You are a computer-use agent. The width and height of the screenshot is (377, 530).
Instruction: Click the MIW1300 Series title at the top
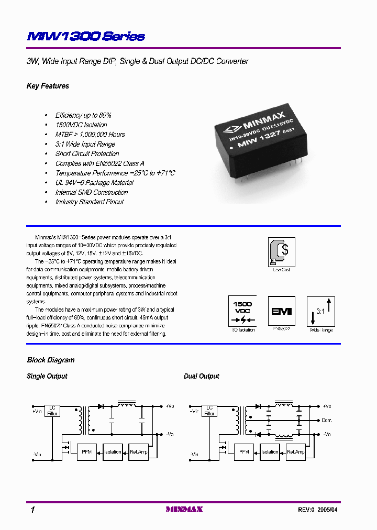click(x=85, y=37)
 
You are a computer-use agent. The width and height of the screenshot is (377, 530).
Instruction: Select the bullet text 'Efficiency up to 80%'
click(x=83, y=115)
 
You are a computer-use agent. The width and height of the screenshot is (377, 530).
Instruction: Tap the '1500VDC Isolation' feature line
click(x=81, y=125)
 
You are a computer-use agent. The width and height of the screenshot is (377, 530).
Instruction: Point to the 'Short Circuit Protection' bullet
click(x=87, y=154)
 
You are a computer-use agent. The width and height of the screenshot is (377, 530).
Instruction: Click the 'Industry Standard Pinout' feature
click(x=90, y=202)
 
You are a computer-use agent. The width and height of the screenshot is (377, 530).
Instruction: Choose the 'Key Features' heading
click(x=48, y=86)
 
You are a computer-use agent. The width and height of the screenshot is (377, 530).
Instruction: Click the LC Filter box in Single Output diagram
click(x=52, y=410)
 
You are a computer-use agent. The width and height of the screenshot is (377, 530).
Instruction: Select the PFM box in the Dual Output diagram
click(x=243, y=451)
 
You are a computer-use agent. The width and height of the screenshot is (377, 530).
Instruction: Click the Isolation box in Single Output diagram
click(x=113, y=451)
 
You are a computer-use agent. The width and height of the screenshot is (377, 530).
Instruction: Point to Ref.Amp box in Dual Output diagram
click(x=296, y=451)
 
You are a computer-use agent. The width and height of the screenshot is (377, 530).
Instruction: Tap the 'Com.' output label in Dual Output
click(x=327, y=421)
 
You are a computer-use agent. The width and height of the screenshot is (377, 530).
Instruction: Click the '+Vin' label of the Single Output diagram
click(x=37, y=411)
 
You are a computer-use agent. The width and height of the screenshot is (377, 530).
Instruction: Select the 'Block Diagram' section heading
click(x=51, y=360)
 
